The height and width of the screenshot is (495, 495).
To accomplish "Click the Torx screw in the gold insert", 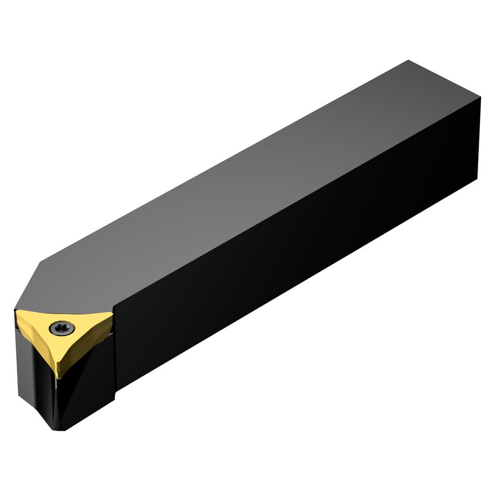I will (60, 328).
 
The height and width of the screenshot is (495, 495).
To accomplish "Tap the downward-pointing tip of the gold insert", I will (57, 377).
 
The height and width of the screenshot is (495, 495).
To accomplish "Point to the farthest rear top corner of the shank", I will (409, 60).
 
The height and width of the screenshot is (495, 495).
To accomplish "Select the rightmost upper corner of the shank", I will (481, 99).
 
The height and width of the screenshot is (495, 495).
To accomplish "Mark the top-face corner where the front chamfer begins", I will (41, 263).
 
